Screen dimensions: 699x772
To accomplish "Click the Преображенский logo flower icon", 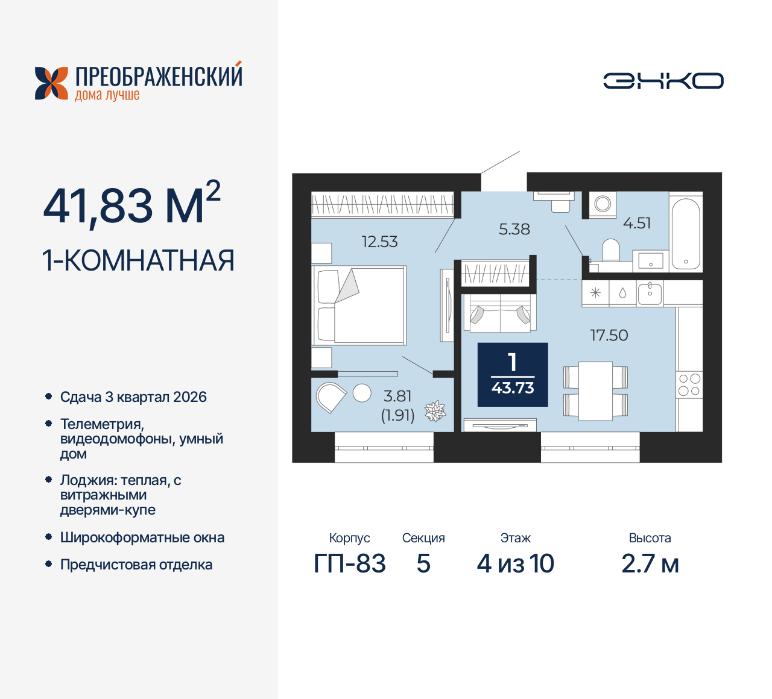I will point(51,83).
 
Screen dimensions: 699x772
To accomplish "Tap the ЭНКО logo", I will point(663,81).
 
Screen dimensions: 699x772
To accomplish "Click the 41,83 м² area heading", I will point(131,204).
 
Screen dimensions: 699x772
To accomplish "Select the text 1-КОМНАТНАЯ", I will point(138,261).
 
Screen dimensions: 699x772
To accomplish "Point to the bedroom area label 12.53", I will point(379,242).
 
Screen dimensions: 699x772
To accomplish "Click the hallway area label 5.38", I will point(514,229).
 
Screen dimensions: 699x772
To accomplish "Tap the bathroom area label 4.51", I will point(636,223).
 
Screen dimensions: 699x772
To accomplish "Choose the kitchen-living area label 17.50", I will point(609,335).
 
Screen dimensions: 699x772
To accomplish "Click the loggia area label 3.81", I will point(397,396).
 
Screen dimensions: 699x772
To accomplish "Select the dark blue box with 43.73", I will point(513,375).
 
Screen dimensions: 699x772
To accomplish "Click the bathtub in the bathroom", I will point(686,233).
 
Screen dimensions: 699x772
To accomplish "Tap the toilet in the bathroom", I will point(611,250).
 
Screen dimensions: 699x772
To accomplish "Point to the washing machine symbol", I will point(603,204).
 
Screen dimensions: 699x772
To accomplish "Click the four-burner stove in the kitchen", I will point(689,384).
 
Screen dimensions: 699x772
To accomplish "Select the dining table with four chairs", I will point(595,391).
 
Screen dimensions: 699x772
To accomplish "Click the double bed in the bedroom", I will point(359,306).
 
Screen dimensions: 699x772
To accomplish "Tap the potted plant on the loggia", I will point(435,412).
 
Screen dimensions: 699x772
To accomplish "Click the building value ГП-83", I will point(350,564).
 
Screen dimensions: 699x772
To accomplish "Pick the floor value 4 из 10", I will point(515,564).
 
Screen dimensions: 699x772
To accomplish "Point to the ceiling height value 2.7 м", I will point(650,564).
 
